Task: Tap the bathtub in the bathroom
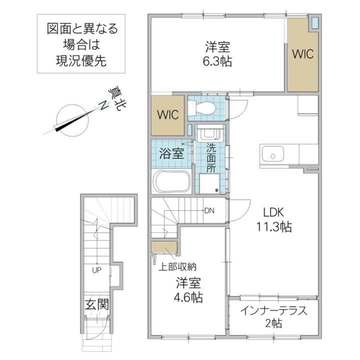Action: tap(172, 181)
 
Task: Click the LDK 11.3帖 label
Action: tap(273, 219)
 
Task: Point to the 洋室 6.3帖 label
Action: tap(217, 54)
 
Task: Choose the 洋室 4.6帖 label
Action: tap(188, 290)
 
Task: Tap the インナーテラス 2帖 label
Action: tap(273, 317)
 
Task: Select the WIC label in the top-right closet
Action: tap(303, 54)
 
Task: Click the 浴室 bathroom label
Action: tap(171, 153)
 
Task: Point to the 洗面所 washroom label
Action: tap(211, 158)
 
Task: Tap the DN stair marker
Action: tap(209, 210)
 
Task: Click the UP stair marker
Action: tap(96, 270)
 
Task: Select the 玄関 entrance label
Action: tap(96, 304)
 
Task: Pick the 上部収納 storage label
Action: tap(177, 267)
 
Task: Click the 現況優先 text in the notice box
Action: tap(81, 61)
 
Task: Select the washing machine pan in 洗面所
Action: tap(209, 183)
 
